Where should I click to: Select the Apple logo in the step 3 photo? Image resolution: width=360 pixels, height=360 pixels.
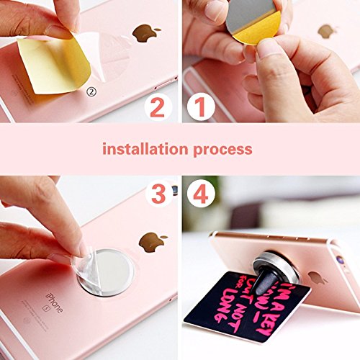(x=152, y=240)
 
